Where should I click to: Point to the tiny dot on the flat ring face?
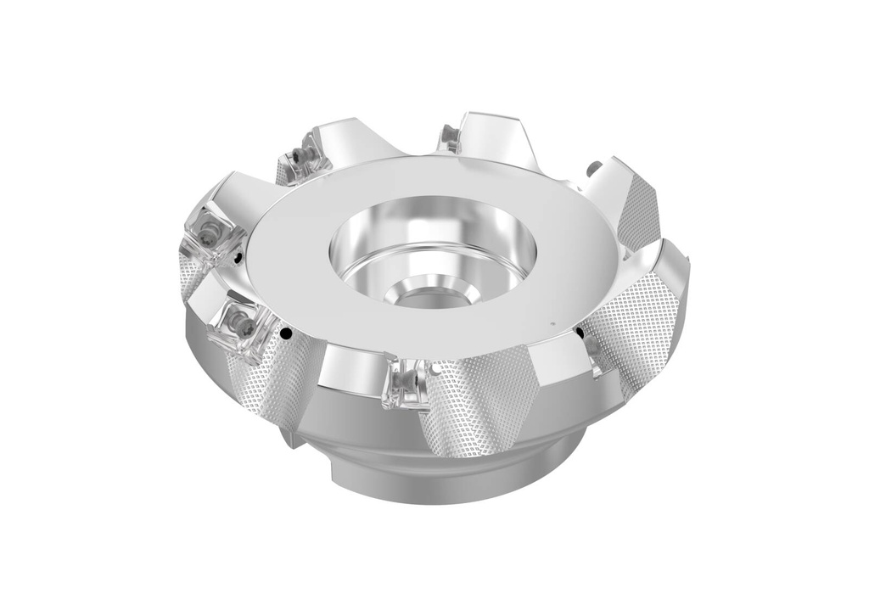tap(552, 323)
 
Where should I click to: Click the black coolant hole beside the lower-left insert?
tap(288, 334)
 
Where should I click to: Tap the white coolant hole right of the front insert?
tap(434, 370)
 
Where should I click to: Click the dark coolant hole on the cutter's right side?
tap(580, 334)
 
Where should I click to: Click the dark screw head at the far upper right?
tap(595, 165)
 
